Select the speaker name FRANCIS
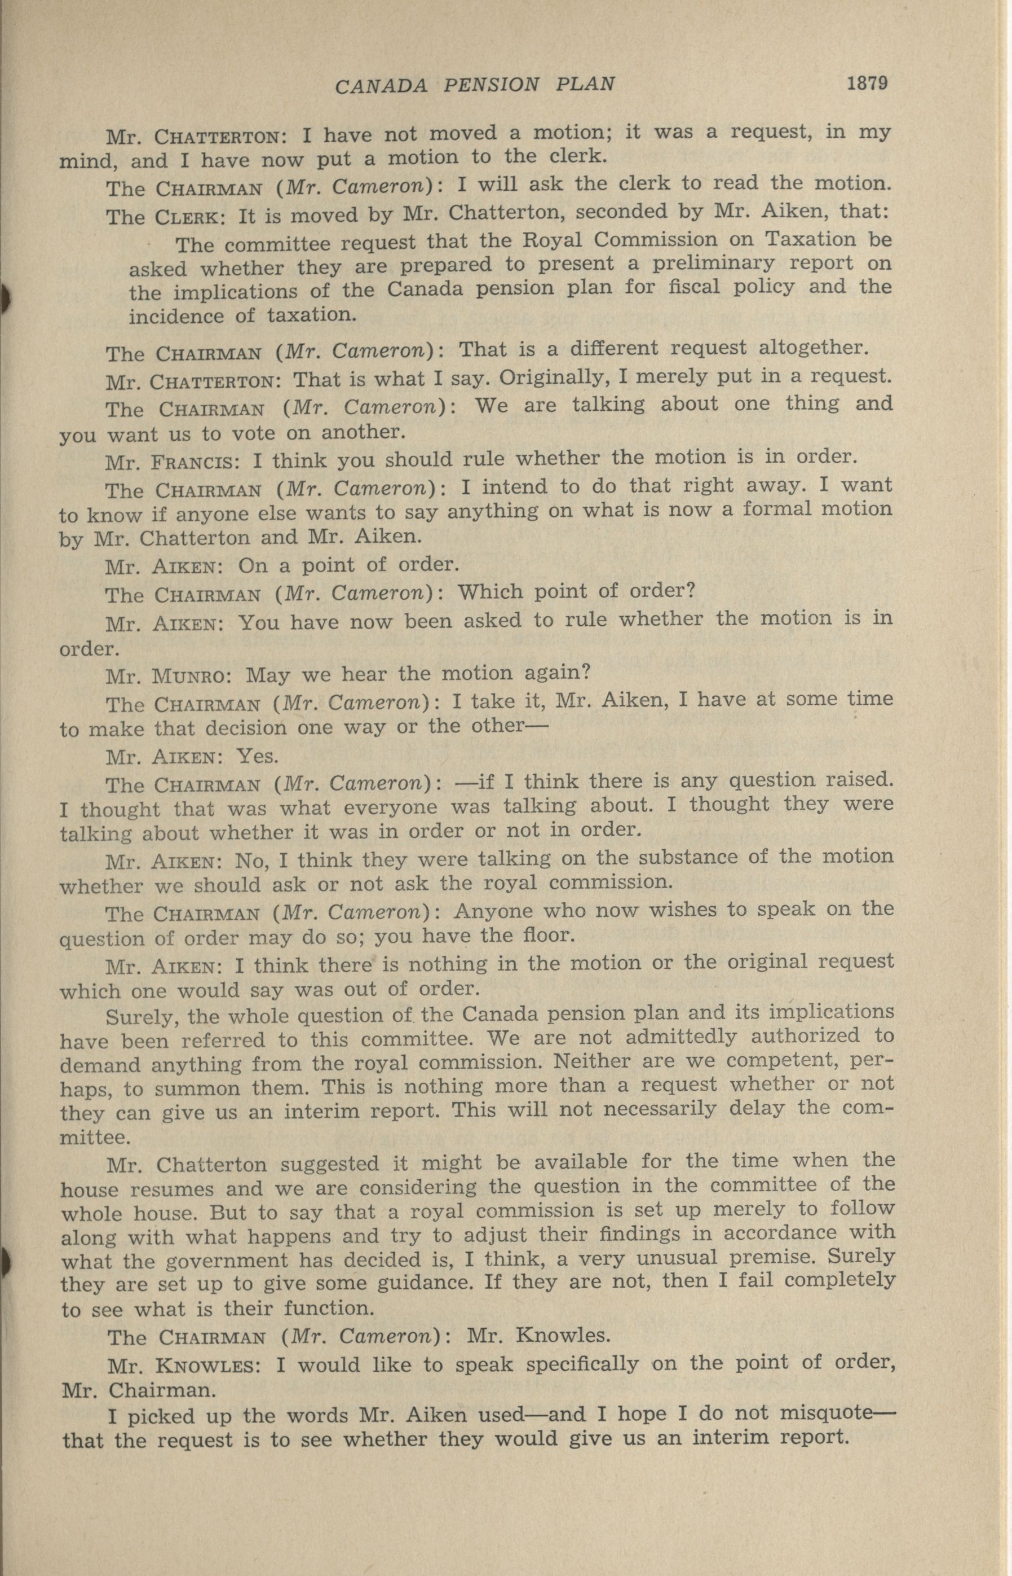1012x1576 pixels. [x=192, y=462]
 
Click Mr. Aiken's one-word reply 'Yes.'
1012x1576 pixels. [x=257, y=756]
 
